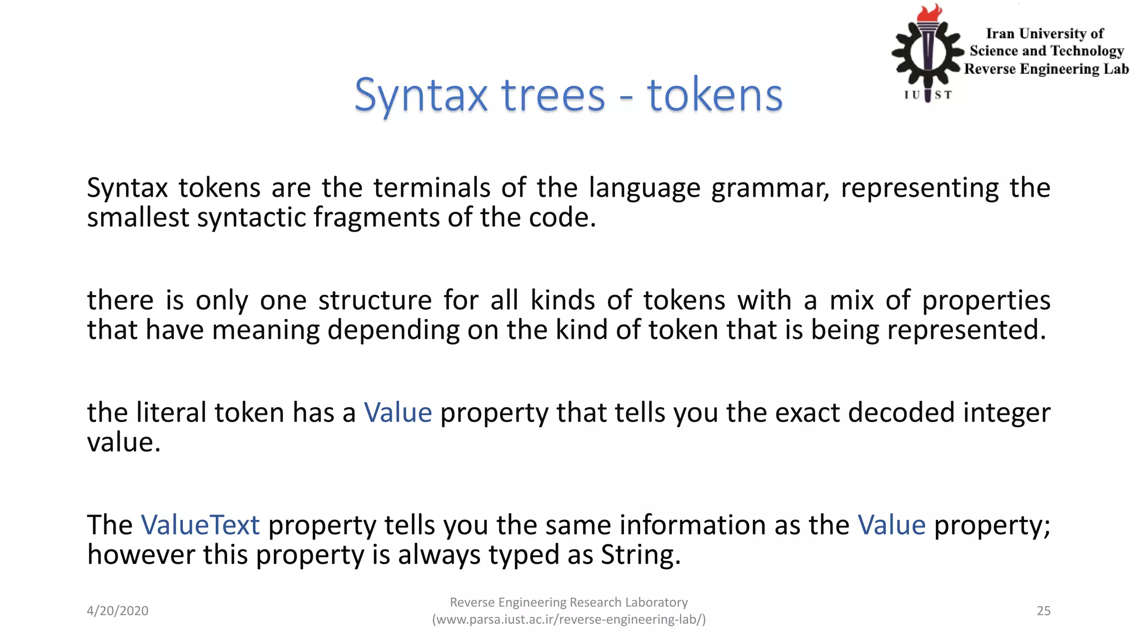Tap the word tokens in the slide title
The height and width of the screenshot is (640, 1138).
(715, 96)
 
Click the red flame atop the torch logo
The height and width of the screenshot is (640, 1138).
(930, 13)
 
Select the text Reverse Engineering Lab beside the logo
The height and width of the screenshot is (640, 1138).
(1046, 69)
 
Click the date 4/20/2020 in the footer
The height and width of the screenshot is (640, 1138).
(117, 611)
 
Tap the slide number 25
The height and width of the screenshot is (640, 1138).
(1044, 611)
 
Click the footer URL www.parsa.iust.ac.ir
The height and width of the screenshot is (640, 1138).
(569, 619)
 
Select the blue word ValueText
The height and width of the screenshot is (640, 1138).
(200, 525)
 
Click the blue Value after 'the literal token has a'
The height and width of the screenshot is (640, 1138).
(398, 413)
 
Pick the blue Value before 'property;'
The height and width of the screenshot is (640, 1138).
(891, 525)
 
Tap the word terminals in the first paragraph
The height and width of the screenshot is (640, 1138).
(432, 188)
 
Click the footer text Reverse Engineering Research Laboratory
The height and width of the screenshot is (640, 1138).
(568, 602)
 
